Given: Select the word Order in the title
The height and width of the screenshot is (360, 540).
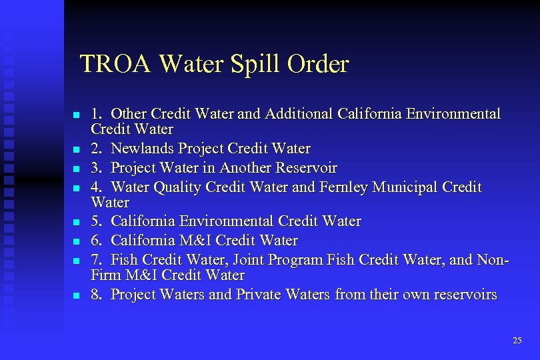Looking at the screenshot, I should coord(318,65).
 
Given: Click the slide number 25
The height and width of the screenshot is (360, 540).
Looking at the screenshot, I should coord(517,341).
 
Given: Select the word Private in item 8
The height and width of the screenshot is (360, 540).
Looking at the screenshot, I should coord(263,295).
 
